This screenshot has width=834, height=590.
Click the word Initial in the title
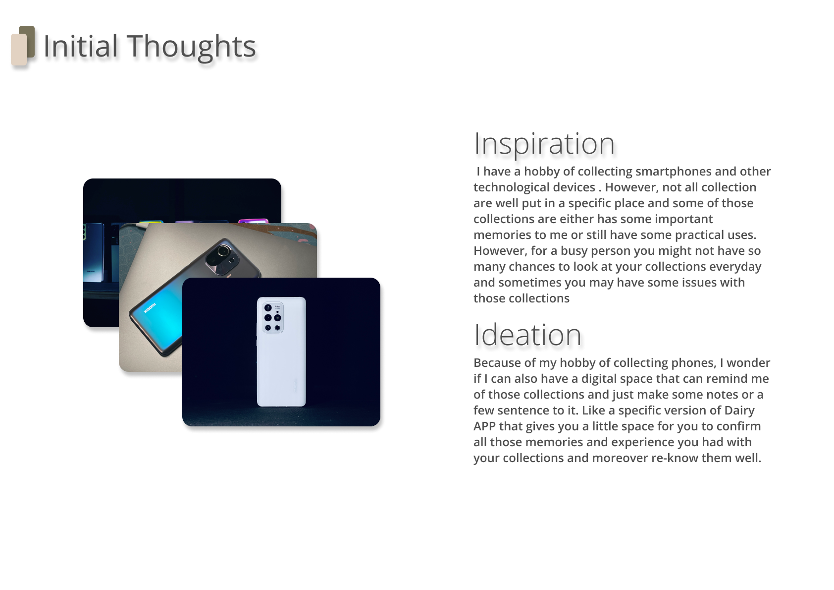(81, 46)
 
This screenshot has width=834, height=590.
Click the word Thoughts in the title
(191, 48)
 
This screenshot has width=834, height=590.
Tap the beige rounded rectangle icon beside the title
(19, 50)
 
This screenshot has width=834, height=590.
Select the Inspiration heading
(544, 144)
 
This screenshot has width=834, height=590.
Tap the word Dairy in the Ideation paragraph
(739, 411)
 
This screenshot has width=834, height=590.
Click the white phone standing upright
(281, 352)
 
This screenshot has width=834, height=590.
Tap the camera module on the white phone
(273, 317)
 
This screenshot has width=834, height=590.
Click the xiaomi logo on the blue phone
(150, 308)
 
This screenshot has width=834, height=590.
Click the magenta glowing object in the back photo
(253, 221)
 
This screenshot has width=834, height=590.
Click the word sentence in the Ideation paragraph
(523, 411)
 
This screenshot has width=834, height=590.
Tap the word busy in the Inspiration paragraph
(574, 251)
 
